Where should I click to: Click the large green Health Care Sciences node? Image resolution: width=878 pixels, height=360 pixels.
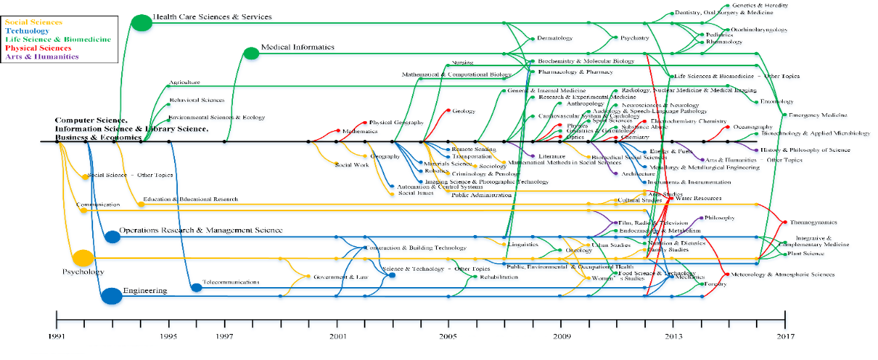click(141, 23)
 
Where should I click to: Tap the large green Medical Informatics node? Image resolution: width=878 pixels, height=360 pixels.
click(252, 53)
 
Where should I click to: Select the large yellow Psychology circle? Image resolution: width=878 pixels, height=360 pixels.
click(83, 258)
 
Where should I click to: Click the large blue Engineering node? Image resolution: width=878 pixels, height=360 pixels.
click(112, 296)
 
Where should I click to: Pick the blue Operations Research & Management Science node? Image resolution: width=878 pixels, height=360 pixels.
click(112, 237)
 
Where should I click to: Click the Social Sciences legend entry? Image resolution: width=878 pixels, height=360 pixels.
click(33, 22)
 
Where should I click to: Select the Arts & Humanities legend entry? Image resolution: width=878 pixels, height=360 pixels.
click(42, 56)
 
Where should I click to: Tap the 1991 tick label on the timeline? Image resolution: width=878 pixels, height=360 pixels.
click(57, 336)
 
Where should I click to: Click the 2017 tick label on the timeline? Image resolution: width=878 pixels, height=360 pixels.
click(785, 336)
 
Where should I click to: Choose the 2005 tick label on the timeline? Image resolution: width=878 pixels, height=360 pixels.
click(449, 336)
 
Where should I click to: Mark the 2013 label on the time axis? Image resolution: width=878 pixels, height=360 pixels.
click(673, 336)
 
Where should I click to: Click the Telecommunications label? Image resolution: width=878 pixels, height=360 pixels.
click(231, 283)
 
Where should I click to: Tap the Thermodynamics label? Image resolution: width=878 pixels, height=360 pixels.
click(813, 222)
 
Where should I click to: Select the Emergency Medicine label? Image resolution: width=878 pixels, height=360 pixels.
click(818, 115)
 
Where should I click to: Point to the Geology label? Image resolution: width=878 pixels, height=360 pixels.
click(464, 111)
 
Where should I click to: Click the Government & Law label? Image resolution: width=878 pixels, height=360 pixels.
click(340, 277)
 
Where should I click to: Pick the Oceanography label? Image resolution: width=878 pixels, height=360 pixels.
click(752, 127)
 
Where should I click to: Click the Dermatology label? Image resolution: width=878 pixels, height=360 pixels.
click(555, 38)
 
